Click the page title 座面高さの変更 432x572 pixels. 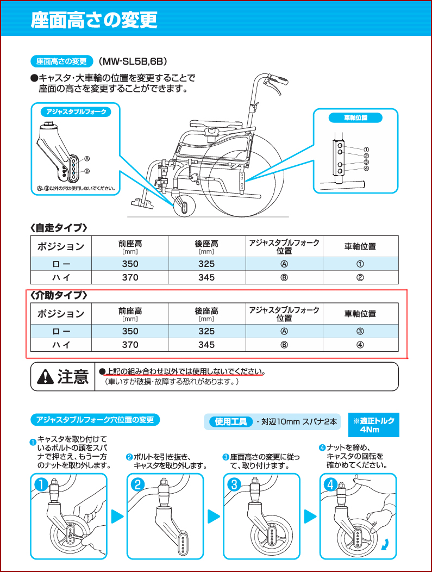coord(94,20)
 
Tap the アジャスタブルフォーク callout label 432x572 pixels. coord(76,112)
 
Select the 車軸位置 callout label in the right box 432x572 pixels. coord(356,117)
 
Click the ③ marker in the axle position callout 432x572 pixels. coord(366,161)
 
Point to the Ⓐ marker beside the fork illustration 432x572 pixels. coord(86,159)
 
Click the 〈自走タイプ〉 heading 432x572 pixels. coord(58,227)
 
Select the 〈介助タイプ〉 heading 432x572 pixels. coord(58,295)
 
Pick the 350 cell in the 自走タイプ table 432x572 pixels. coord(130,264)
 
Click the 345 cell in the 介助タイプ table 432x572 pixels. coord(206,345)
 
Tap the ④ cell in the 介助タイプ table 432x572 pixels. coord(360,345)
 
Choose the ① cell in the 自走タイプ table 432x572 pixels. coord(360,264)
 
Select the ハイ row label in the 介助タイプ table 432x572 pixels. coord(60,345)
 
